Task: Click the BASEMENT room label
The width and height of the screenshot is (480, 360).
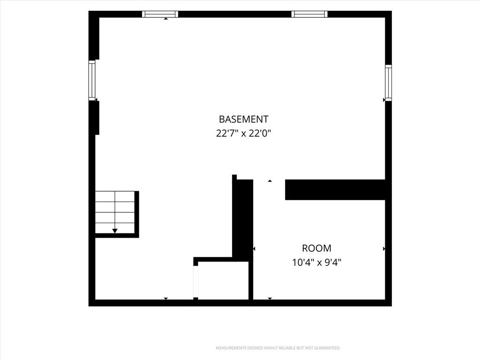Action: point(244,119)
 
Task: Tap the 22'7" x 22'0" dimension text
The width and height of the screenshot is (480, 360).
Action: point(244,134)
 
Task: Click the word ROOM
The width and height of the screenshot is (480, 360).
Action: point(316,248)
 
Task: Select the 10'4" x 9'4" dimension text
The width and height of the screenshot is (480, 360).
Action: point(316,262)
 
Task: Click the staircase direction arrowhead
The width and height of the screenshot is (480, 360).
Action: point(115,231)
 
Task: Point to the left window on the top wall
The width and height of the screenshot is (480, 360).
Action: point(160,14)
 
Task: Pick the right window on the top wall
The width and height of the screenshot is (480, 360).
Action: point(309,14)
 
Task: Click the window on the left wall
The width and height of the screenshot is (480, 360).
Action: point(92,80)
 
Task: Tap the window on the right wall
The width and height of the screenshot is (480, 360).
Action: point(388,82)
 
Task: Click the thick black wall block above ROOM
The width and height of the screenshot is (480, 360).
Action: point(335,190)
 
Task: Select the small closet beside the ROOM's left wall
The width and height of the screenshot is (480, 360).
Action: point(223,280)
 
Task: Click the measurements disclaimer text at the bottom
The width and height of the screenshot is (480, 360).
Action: point(278,348)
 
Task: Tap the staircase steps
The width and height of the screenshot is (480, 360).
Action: point(115,212)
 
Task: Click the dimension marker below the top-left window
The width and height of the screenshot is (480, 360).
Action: point(165,19)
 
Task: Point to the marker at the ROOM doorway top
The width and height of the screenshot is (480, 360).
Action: point(270,181)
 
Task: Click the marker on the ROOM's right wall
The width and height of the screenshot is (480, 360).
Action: point(384,249)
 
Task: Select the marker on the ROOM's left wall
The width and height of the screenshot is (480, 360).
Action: point(254,249)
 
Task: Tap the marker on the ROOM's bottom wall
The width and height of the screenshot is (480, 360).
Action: point(270,298)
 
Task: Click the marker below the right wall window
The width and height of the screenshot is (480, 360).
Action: point(384,100)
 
